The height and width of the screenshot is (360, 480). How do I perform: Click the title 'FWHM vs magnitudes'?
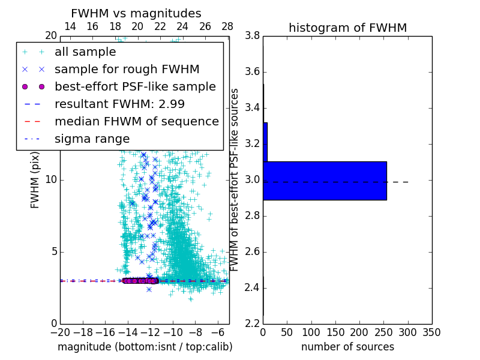pos(136,13)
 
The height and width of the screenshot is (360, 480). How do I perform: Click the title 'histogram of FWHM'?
pos(347,28)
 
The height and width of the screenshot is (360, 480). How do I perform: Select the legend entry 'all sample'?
pos(85,52)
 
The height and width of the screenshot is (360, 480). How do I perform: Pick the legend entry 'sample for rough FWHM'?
pos(127,70)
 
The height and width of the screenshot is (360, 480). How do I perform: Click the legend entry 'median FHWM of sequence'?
pos(136,121)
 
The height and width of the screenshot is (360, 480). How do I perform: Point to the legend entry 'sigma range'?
pos(92,139)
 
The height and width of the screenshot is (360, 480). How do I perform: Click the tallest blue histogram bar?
pos(325,181)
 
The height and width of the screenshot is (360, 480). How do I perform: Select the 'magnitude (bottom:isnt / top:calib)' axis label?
pos(145,347)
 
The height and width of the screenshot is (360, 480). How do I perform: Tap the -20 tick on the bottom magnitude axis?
pos(60,332)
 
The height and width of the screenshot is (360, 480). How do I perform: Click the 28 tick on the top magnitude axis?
pos(227,26)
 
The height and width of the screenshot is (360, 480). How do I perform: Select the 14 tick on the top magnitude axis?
pos(70,26)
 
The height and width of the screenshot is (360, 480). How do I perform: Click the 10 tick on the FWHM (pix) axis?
pos(50,180)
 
